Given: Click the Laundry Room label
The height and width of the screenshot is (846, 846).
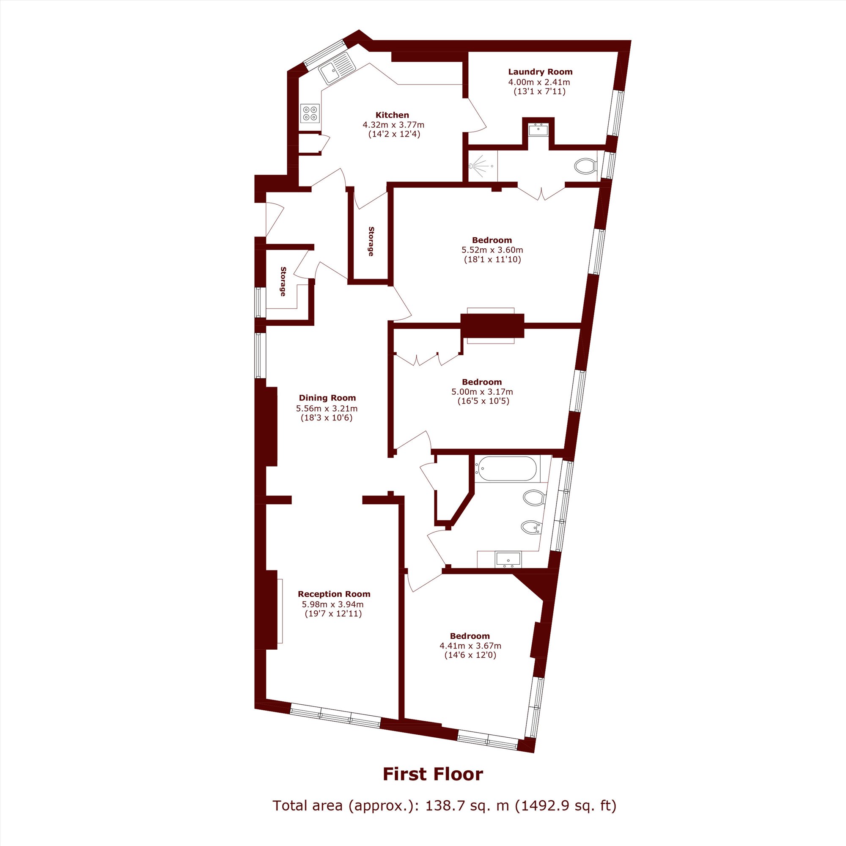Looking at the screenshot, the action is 540,72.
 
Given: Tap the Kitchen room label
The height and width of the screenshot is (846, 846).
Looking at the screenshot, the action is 393,115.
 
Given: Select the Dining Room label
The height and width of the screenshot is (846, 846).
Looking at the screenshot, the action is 327,398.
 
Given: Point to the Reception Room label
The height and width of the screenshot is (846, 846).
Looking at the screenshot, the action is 334,594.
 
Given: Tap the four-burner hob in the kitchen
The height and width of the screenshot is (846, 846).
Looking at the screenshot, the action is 310,113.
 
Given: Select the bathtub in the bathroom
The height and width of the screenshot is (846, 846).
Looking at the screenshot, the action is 506,469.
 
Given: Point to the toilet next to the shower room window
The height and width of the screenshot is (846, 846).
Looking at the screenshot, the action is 585,166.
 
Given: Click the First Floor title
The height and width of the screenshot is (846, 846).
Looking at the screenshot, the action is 433,774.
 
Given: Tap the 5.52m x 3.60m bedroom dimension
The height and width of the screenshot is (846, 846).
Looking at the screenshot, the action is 492,250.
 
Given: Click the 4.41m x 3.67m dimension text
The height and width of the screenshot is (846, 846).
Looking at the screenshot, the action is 470,646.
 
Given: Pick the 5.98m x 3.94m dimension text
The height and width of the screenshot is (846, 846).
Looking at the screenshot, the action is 332,604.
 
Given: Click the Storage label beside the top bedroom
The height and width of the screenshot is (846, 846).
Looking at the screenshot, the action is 371,241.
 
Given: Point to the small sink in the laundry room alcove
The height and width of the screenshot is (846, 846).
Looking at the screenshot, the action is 538,130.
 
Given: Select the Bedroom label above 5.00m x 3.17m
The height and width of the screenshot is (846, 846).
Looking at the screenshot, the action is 482,382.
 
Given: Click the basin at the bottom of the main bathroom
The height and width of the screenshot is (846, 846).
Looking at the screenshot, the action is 508,559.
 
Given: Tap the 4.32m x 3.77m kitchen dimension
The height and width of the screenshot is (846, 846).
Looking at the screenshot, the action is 393,125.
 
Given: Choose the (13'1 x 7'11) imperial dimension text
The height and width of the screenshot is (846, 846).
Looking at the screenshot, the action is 539,91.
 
